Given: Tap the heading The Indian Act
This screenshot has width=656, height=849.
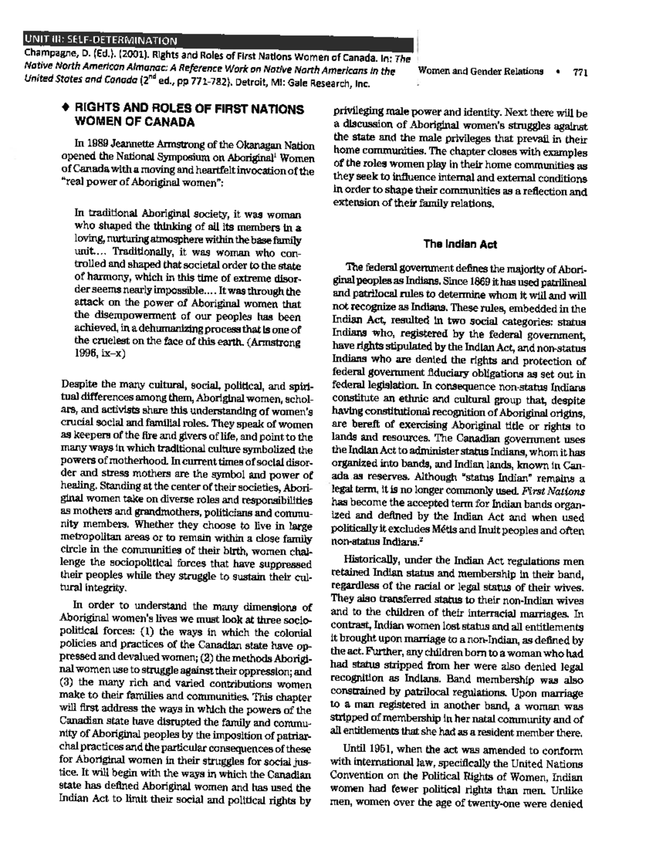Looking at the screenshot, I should pyautogui.click(x=460, y=244).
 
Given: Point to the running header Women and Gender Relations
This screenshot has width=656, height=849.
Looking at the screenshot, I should pyautogui.click(x=480, y=72).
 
